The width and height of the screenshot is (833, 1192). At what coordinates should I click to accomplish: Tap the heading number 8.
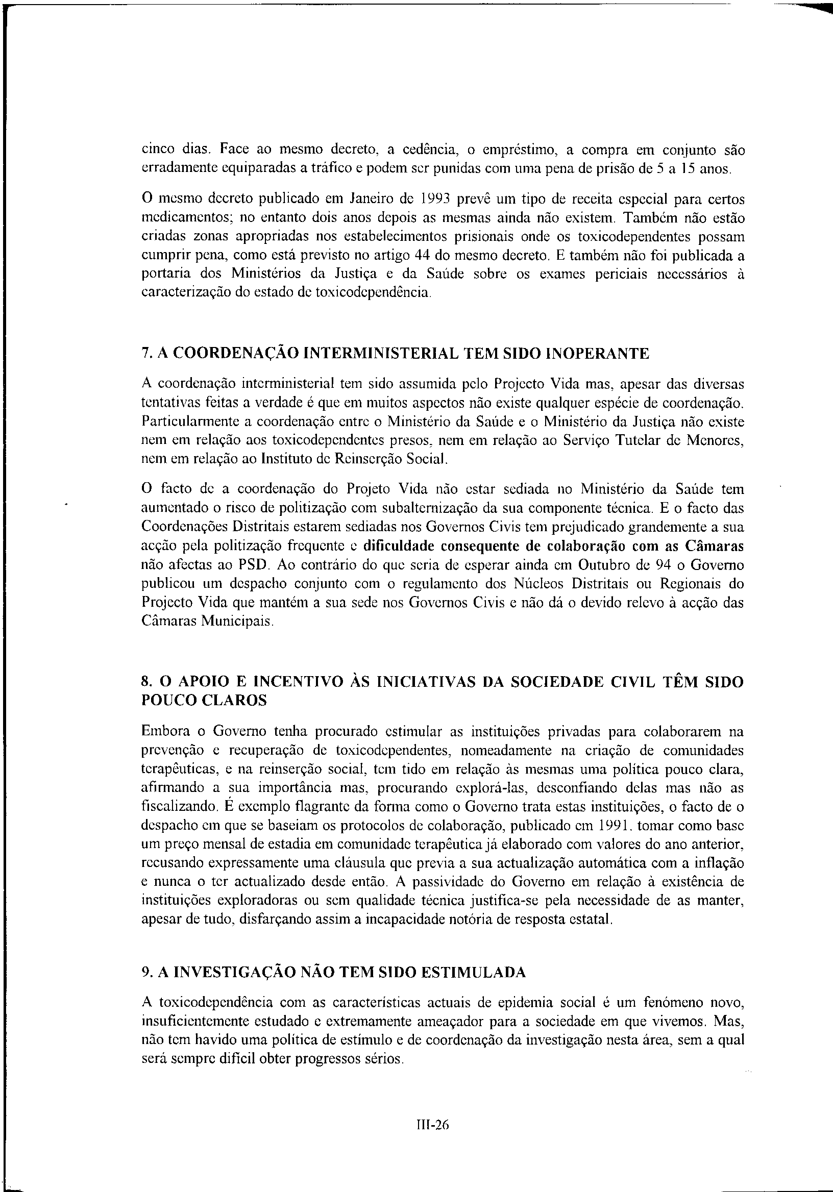click(145, 682)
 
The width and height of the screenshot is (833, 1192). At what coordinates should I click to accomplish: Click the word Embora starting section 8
click(162, 732)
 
